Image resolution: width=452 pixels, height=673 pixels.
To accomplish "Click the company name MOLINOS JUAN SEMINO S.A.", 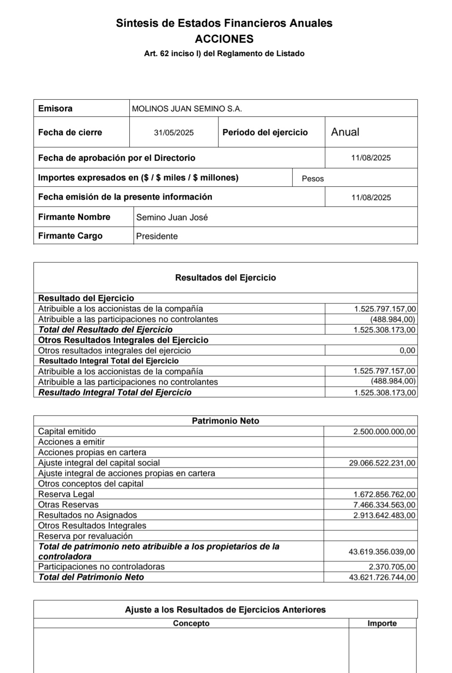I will pos(187,109).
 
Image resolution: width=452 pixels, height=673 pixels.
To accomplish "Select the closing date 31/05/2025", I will pos(174,133).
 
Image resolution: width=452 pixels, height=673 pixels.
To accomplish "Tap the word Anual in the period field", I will pos(345,132).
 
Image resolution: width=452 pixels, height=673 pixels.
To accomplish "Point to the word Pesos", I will pos(313,179).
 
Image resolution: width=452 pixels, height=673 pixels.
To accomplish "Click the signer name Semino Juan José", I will pos(172,218).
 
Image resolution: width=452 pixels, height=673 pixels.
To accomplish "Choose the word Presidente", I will pos(157,236).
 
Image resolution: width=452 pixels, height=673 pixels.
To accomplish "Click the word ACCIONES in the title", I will pos(224,39).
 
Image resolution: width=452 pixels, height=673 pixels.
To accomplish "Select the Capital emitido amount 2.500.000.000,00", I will pos(384,432).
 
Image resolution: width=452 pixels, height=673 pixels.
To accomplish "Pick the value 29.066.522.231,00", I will pos(382,463).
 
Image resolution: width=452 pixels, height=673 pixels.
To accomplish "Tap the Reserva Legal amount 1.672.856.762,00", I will pos(384,494).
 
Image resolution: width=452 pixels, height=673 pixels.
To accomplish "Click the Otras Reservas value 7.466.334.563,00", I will pos(384,505).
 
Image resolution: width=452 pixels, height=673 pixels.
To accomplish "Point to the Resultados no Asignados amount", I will pos(384,515).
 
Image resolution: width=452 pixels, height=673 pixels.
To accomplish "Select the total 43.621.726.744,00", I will pos(382,578).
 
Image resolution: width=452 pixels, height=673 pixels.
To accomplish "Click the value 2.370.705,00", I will pos(392,567).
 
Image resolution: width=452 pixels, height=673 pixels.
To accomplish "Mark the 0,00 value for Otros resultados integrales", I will pos(407,351).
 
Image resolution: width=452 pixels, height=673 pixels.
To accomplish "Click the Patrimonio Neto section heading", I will pos(225,421).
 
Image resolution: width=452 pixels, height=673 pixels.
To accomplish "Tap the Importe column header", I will pos(382,624).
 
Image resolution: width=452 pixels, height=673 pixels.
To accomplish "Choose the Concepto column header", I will pos(191,624).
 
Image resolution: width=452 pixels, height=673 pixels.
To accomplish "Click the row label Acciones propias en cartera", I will pos(92,452).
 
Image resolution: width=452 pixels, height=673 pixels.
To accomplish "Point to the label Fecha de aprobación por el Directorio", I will pos(116,158).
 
